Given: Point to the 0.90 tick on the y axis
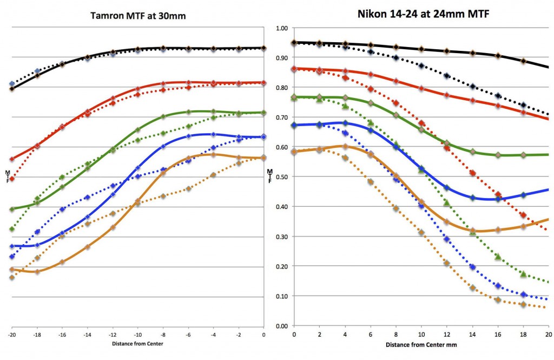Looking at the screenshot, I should tap(282, 57).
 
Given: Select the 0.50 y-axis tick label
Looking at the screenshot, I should tap(282, 177).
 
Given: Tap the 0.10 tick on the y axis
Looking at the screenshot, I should tap(282, 297).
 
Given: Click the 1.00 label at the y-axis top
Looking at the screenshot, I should tap(282, 28).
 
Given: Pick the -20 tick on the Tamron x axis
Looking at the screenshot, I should tap(11, 335).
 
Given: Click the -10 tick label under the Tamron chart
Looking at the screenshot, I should tap(137, 335).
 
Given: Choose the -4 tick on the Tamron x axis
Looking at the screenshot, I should tap(213, 335).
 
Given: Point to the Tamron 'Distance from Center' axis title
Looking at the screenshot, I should tap(137, 344).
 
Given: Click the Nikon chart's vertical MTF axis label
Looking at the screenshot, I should tap(270, 176).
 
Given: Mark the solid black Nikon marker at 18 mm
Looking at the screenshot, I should tap(523, 61).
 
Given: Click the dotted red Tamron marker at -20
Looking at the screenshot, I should tap(12, 178).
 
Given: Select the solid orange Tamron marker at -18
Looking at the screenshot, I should tap(37, 271).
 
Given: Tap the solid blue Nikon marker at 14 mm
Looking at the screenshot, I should tap(472, 198).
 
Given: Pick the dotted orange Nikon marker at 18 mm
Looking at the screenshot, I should tap(523, 305).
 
